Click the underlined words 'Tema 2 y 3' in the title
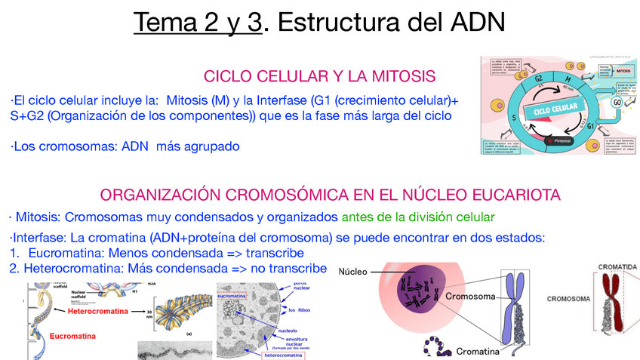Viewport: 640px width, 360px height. tap(199, 23)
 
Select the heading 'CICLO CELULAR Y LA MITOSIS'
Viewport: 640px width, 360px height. tap(320, 76)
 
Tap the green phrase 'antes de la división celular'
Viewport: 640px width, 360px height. tap(418, 217)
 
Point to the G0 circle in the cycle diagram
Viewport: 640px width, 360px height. tap(617, 102)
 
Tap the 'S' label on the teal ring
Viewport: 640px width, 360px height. tap(514, 118)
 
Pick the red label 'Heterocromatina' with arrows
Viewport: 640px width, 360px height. tap(97, 311)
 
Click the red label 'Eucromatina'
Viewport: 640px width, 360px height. tap(73, 336)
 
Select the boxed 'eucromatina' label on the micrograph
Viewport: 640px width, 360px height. tap(232, 297)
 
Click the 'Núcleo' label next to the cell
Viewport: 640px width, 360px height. tap(352, 272)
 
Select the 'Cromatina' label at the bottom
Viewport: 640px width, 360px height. tap(478, 352)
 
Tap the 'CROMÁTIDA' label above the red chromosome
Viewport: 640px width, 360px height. tap(617, 267)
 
